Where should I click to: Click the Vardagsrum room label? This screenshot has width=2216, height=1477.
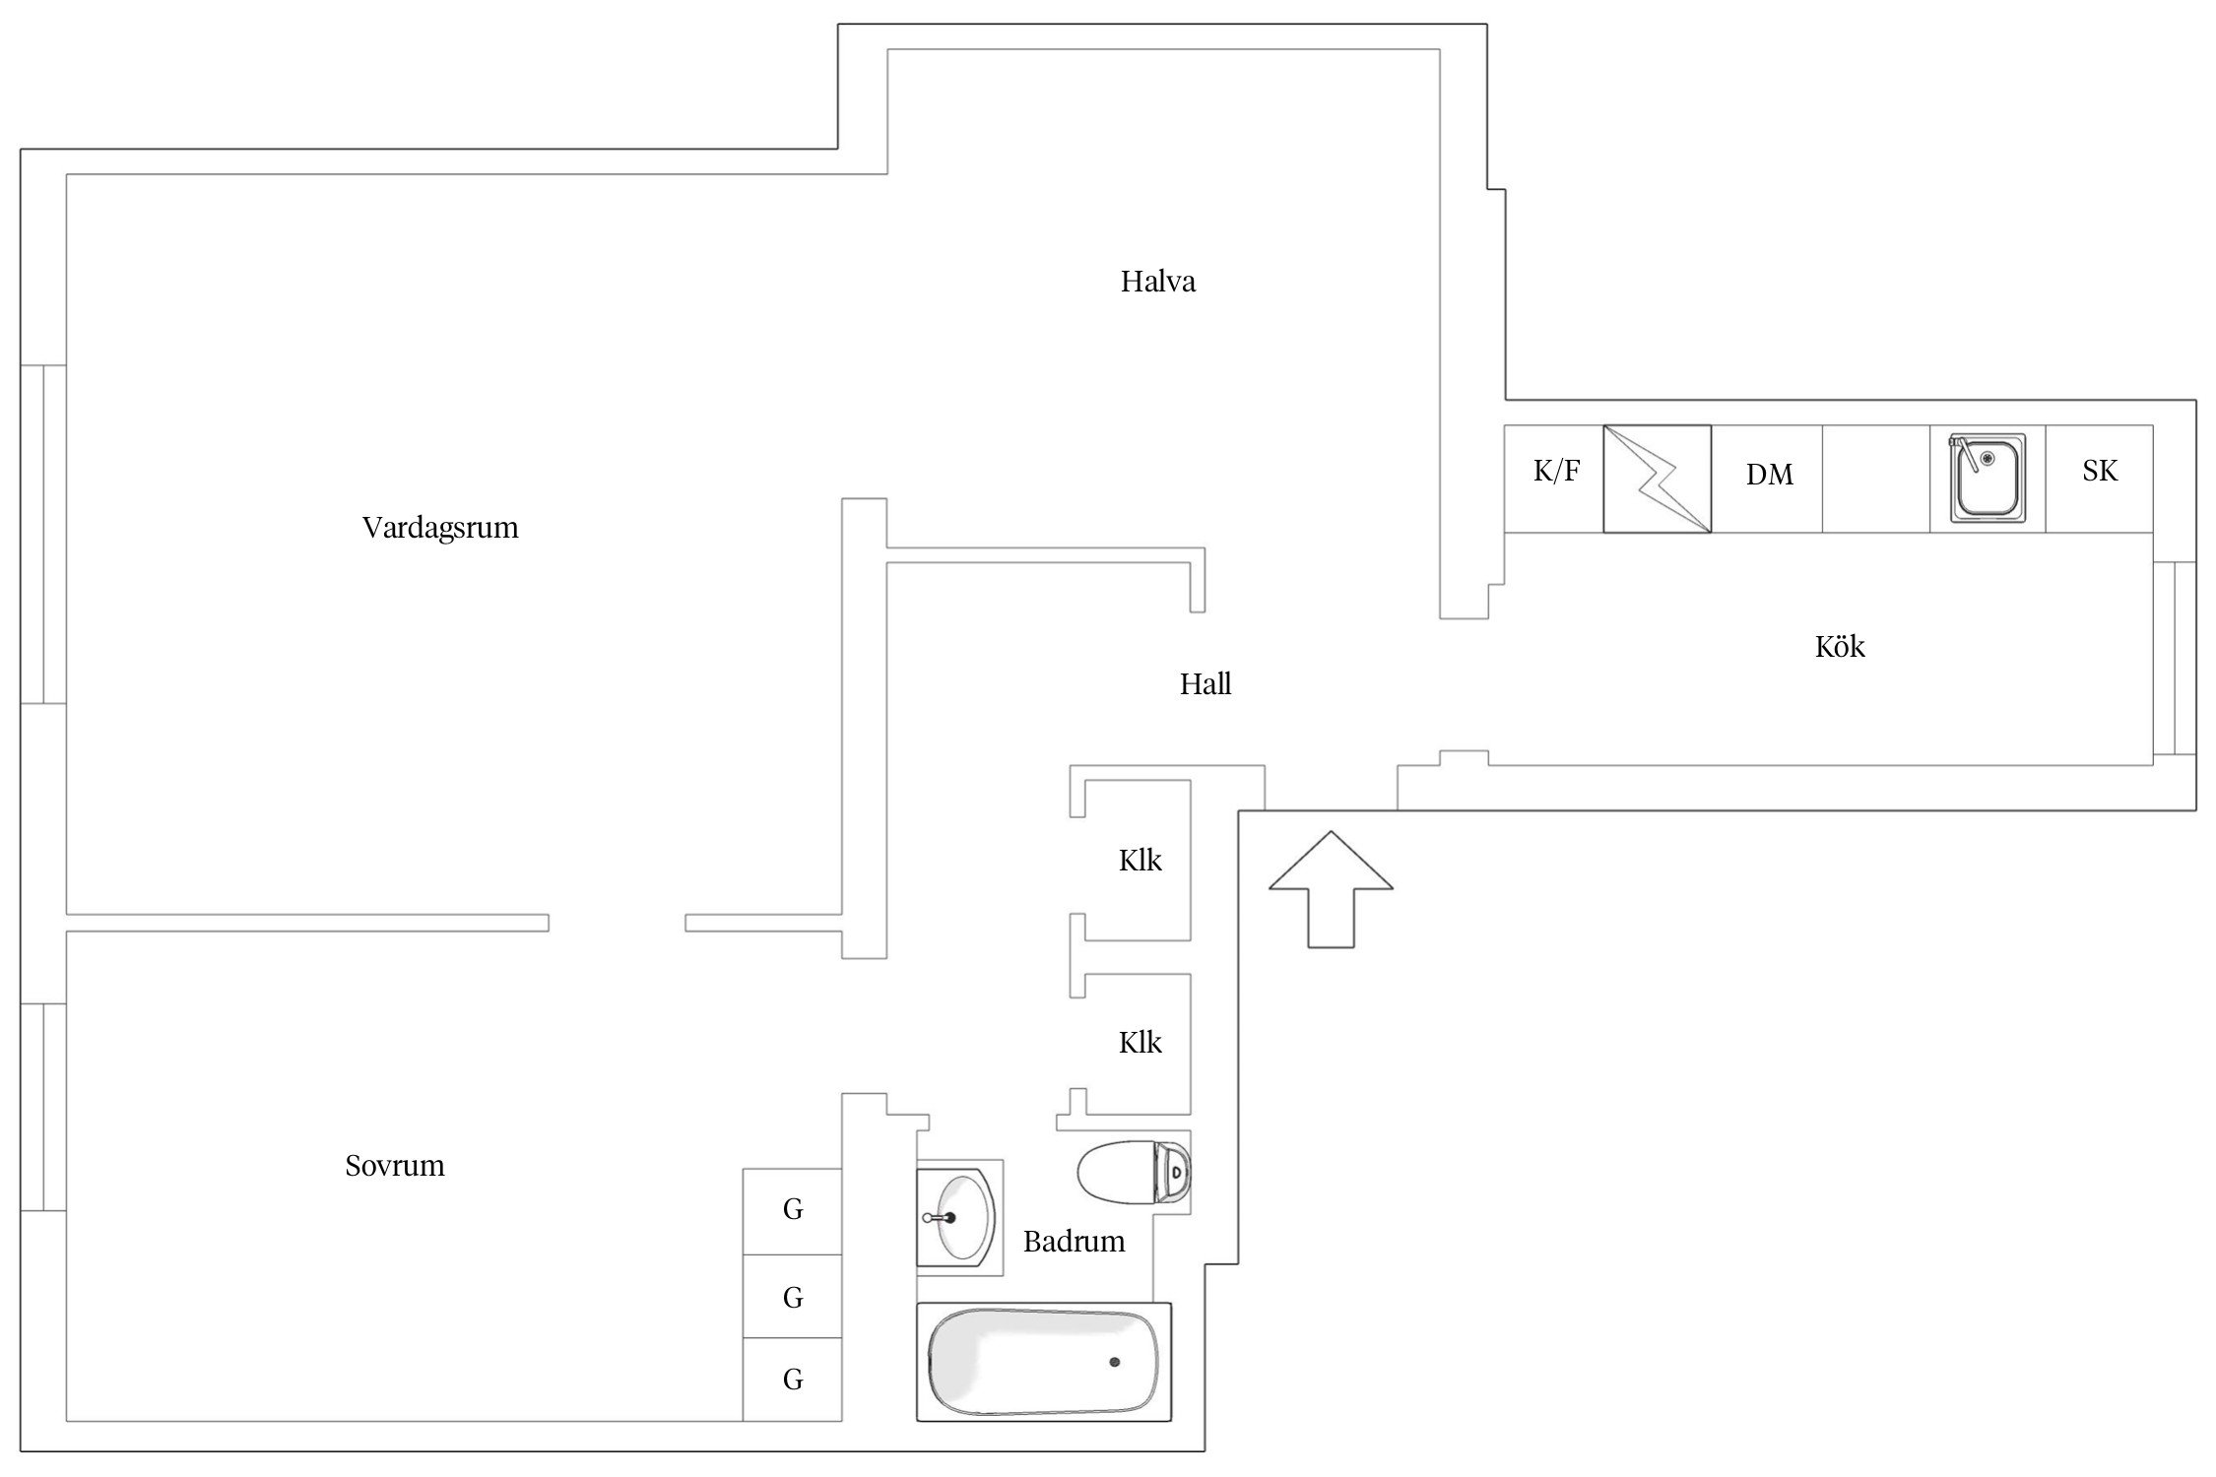(x=440, y=528)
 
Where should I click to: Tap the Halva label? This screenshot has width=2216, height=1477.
(x=1157, y=283)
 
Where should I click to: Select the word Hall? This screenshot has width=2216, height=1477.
(x=1205, y=684)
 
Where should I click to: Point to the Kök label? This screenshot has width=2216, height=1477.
(x=1839, y=647)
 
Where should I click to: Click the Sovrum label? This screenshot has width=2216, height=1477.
(x=394, y=1166)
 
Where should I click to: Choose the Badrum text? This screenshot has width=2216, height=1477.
(x=1074, y=1242)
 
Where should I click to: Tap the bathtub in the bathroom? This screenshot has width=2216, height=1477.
(x=1043, y=1363)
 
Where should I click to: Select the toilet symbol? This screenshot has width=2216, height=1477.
(x=1134, y=1172)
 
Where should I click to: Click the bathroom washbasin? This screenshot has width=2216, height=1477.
(x=958, y=1218)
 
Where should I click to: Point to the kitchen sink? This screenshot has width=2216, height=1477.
(x=1987, y=478)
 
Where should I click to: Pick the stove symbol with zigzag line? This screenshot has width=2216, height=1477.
(x=1657, y=479)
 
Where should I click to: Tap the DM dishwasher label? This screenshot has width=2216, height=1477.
(x=1769, y=476)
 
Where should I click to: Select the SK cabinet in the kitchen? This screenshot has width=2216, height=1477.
(x=2099, y=472)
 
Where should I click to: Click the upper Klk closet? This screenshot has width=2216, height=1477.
(x=1140, y=861)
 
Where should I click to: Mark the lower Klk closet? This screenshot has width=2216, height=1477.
(x=1140, y=1043)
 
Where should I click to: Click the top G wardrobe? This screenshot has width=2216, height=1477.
(x=793, y=1210)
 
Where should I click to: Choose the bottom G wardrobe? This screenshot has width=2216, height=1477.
(x=793, y=1380)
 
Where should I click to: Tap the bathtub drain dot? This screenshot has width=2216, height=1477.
(x=1114, y=1362)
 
